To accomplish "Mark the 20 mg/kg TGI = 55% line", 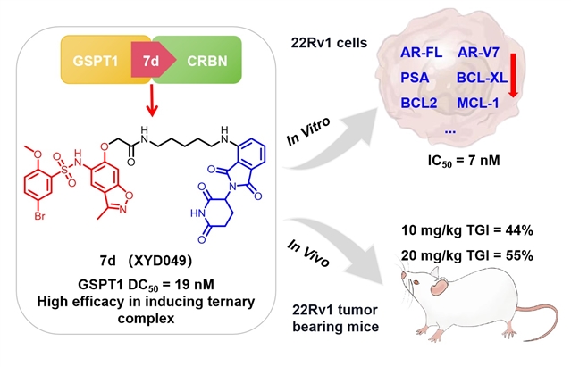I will (468, 256).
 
